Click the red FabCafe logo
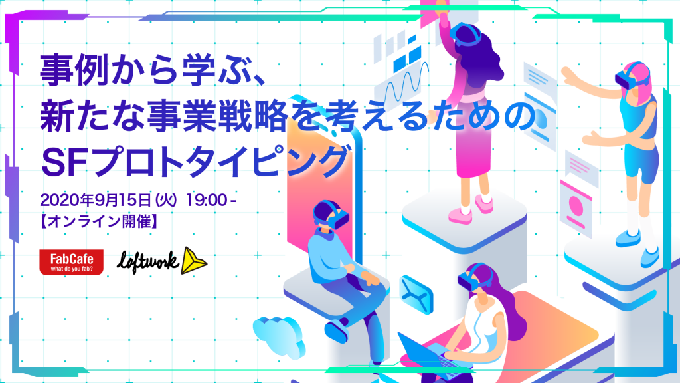(71, 262)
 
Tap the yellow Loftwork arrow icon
(193, 261)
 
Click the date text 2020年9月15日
(96, 200)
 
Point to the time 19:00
(207, 200)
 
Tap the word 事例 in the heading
(74, 70)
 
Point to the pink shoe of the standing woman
(462, 214)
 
